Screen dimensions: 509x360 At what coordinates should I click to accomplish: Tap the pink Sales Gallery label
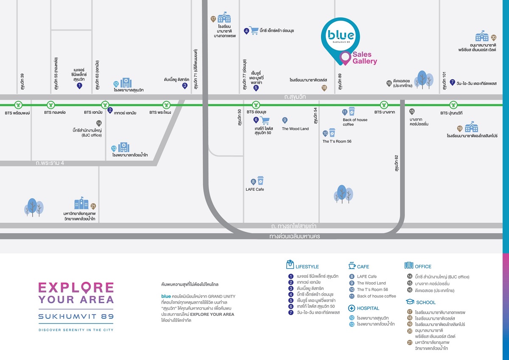pos(365,58)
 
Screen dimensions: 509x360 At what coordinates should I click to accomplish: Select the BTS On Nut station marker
pos(256,105)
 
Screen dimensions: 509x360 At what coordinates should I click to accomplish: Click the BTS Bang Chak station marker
pos(384,105)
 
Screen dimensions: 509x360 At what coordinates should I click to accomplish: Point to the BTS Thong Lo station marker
pos(50,105)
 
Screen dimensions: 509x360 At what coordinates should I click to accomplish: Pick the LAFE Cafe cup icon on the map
pos(260,180)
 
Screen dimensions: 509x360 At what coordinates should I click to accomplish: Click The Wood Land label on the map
pos(295,129)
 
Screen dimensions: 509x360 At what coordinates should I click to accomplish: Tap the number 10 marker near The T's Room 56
pos(325,133)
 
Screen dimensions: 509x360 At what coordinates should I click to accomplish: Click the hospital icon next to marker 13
pos(124,147)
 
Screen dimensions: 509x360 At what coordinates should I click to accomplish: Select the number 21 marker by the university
pos(93,206)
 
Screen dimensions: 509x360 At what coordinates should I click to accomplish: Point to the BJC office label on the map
pos(87,133)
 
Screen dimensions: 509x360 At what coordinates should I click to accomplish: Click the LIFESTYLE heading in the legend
pos(307,267)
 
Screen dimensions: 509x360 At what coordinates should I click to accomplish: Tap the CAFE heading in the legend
pos(363,267)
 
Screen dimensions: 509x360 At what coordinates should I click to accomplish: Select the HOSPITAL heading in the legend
pos(368,308)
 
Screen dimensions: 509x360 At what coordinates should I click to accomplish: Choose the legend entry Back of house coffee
pos(376,296)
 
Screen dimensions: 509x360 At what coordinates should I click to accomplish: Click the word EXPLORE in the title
pos(76,287)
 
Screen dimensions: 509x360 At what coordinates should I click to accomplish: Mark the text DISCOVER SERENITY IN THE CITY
pos(76,330)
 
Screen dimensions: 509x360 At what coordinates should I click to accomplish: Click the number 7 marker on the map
pos(452,82)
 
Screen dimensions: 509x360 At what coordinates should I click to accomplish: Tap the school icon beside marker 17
pos(224,17)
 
